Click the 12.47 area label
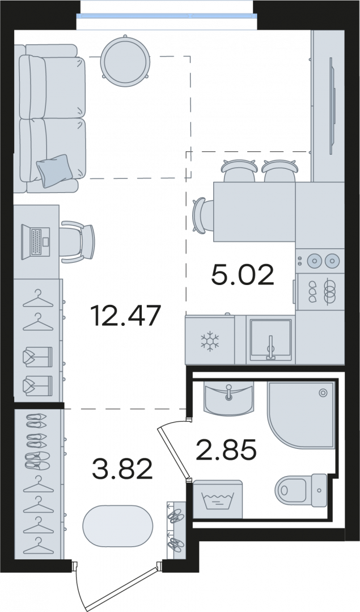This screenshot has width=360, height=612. point(125,316)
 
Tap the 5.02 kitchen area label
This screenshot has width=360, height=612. point(243,275)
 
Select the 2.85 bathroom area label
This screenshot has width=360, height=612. point(226,449)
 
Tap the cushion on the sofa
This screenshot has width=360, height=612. point(53,171)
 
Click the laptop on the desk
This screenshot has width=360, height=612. point(36,241)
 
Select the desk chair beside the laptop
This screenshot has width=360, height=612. point(77,241)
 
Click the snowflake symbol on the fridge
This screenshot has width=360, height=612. point(210,341)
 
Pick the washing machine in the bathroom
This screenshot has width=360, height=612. point(218,499)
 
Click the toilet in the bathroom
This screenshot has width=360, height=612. point(301,490)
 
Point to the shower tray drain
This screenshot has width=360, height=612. point(323,393)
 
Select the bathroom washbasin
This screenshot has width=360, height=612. point(229,398)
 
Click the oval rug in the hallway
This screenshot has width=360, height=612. point(117,526)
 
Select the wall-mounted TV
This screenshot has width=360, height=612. point(333,105)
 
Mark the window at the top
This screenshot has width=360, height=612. point(167,16)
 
